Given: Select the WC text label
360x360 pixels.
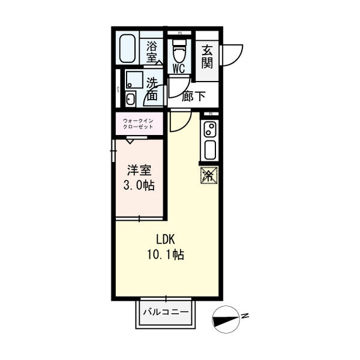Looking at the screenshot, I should pos(179,67).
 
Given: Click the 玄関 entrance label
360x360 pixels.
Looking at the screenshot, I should pos(207,56).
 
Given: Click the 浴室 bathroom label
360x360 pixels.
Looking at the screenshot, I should pos(152,50).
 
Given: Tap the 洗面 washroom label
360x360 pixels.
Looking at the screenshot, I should pos(152,89).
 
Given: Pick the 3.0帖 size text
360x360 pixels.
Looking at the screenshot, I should pos(139,185).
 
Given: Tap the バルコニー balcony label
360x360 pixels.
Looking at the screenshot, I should pos(166,313).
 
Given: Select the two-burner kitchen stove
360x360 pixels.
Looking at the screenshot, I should pos(210,129).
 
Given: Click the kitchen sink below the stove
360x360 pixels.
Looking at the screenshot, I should pos(210,148).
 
